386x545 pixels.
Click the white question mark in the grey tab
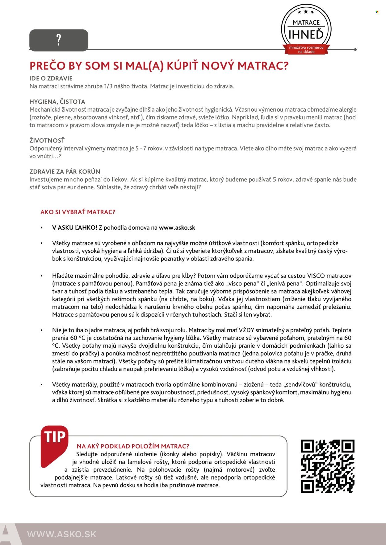(59, 40)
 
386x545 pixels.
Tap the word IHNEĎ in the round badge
(306, 35)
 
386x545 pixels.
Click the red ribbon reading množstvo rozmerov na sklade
(306, 50)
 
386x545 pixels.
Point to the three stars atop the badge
(306, 12)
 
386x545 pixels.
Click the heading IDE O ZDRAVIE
(51, 78)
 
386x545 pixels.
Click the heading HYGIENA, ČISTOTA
(57, 102)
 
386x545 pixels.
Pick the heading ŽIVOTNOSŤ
(47, 141)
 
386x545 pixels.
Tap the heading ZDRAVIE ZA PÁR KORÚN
(65, 172)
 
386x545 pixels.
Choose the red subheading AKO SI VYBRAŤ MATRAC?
(78, 212)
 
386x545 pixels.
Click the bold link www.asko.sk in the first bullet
(177, 228)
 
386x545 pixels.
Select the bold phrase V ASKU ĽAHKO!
(75, 228)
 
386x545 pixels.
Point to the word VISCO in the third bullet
(316, 276)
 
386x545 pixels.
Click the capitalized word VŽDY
(246, 330)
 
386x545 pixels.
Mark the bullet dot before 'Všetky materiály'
(41, 385)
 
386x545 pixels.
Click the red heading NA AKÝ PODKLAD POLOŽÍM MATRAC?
(133, 446)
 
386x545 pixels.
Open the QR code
(327, 466)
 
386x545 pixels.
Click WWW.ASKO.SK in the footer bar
(62, 534)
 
